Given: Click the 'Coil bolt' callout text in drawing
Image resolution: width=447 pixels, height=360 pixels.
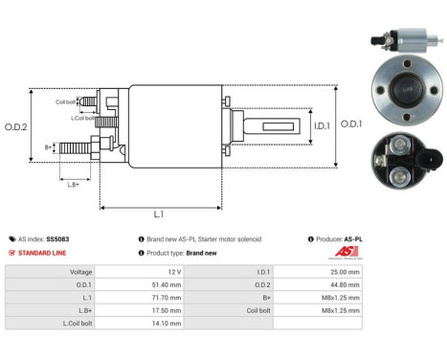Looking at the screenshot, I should (64, 101).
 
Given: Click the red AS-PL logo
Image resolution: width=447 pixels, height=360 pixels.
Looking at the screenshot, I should (346, 252).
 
